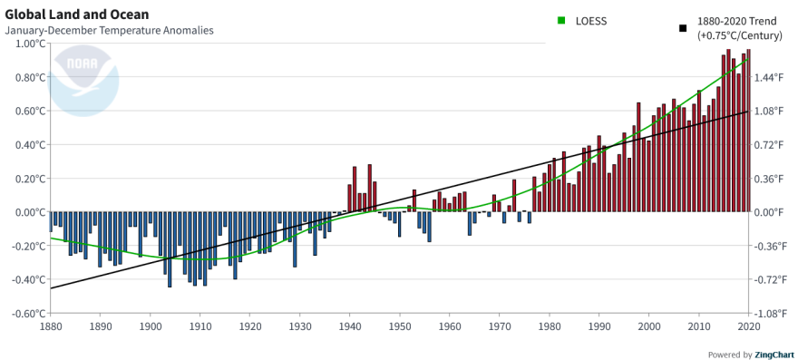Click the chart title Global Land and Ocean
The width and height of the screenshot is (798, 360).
coord(77,15)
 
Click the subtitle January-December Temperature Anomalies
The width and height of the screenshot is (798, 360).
coord(109,31)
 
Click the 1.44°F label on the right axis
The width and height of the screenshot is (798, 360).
coord(770,78)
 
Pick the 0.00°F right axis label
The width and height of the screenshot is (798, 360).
coord(770,212)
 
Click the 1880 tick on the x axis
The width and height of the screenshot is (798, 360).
coord(51,326)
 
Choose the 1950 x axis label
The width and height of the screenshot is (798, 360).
coord(399,326)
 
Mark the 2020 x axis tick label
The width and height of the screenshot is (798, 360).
coord(748,326)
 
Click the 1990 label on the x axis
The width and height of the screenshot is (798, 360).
coord(598,326)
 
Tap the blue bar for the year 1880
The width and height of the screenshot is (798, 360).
coord(51,221)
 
